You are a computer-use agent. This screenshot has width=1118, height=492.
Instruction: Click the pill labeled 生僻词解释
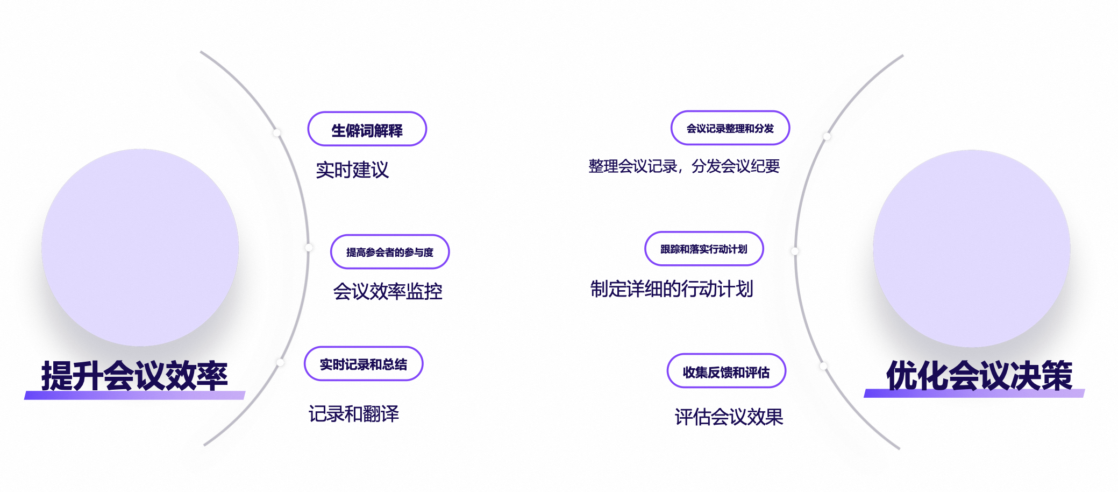pyautogui.click(x=367, y=129)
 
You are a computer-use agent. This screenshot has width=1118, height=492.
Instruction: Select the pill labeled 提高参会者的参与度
pyautogui.click(x=389, y=251)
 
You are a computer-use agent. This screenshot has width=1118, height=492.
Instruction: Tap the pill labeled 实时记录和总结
pyautogui.click(x=364, y=364)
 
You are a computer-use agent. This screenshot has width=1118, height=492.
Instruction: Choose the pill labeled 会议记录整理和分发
pyautogui.click(x=730, y=128)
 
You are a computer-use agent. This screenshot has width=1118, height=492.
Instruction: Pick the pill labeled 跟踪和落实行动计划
pyautogui.click(x=703, y=249)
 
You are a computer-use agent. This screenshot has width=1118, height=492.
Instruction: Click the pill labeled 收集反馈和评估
pyautogui.click(x=726, y=371)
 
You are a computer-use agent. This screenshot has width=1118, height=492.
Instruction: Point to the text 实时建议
pyautogui.click(x=352, y=170)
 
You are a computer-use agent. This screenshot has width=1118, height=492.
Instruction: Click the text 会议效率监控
pyautogui.click(x=387, y=291)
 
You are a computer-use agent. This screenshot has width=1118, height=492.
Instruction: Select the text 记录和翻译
pyautogui.click(x=353, y=414)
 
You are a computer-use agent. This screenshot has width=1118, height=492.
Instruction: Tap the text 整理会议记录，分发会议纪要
pyautogui.click(x=684, y=166)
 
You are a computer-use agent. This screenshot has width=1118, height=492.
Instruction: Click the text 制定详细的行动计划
pyautogui.click(x=672, y=289)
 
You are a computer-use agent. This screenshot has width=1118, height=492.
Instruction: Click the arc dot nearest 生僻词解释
pyautogui.click(x=277, y=133)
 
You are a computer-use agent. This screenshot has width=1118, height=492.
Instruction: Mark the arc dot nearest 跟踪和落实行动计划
pyautogui.click(x=795, y=251)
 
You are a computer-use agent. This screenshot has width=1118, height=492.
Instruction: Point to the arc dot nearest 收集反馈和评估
pyautogui.click(x=823, y=366)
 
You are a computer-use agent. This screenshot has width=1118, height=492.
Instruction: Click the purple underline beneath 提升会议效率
pyautogui.click(x=134, y=396)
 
